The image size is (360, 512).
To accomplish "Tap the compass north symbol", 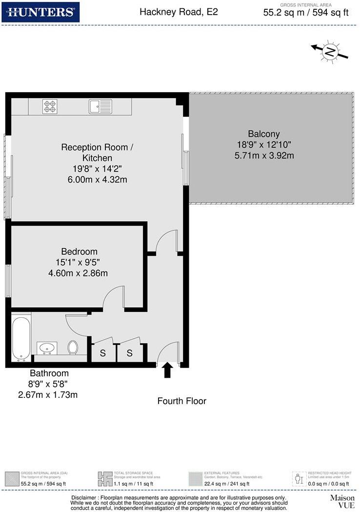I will click(330, 51).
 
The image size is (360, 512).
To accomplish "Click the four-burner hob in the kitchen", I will click(49, 106).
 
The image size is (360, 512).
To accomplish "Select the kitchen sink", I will click(100, 106).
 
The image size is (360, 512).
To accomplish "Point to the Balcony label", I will click(263, 134).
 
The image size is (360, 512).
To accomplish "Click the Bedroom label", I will click(80, 251).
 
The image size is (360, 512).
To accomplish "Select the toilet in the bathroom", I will click(73, 348).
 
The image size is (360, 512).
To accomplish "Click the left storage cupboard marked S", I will click(103, 353).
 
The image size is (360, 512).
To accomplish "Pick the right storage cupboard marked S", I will click(130, 353).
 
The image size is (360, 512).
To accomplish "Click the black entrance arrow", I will click(167, 369).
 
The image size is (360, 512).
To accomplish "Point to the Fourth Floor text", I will click(181, 401).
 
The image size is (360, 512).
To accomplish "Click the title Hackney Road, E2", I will click(179, 12).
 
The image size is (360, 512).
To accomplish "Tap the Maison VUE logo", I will click(342, 501).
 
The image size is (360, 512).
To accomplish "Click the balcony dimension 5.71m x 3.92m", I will click(264, 156).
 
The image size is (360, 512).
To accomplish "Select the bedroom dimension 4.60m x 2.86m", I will click(78, 273).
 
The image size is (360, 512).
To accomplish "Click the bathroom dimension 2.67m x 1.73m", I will click(48, 394).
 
